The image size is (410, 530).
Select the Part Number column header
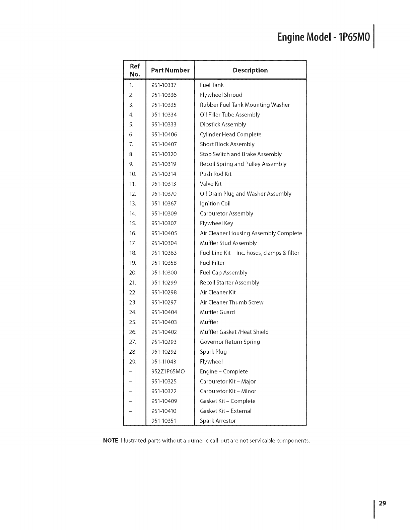[170, 70]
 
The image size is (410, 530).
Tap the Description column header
[250, 70]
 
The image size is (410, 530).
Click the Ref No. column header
[135, 70]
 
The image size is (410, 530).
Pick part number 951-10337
[164, 85]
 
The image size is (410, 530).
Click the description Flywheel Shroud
[221, 95]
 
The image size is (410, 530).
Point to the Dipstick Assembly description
[223, 124]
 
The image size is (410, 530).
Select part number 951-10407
[164, 144]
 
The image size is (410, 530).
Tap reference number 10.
[132, 174]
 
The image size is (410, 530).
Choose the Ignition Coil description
[215, 203]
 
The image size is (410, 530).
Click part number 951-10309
[164, 213]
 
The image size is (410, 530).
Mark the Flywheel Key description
[216, 223]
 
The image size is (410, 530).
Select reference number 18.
[132, 253]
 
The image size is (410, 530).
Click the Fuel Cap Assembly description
[223, 273]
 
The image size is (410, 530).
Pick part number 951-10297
[164, 302]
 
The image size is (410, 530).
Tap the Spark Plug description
[213, 352]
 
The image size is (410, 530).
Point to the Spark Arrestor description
[218, 421]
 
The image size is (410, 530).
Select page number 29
[383, 503]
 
